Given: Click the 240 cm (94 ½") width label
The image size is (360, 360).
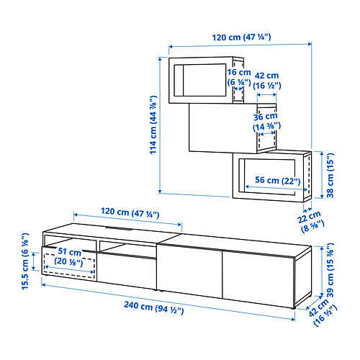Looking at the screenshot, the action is click(154, 307).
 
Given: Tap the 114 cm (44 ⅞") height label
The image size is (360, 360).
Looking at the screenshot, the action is click(153, 125).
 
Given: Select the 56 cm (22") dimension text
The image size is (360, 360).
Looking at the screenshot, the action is click(277, 180).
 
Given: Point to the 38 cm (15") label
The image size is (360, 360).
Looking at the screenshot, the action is click(330, 175).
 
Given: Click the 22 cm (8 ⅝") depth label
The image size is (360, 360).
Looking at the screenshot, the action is click(310, 221).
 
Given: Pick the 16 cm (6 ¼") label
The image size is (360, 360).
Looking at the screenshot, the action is click(239, 77).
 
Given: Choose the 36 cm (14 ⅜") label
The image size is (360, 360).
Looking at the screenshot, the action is click(266, 122).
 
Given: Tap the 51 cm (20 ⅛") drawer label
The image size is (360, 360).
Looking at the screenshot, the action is click(69, 256).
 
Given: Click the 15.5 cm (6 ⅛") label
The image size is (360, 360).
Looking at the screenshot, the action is click(25, 261).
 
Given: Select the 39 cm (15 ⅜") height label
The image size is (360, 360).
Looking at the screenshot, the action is click(330, 270).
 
